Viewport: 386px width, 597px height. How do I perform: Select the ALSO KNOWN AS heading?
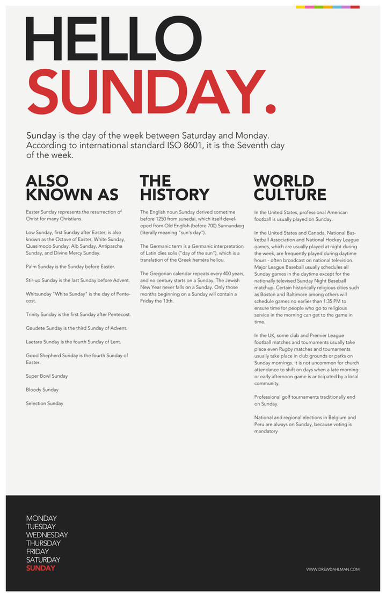point(72,187)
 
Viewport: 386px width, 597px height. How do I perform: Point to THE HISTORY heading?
point(174,187)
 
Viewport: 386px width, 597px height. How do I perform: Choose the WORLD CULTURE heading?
point(290,187)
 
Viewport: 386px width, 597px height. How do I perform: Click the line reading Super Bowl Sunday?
point(47,376)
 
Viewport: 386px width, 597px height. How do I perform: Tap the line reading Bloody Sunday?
point(42,390)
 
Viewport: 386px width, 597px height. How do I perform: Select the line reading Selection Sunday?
point(45,403)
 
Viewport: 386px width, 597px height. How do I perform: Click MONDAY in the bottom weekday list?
point(41,519)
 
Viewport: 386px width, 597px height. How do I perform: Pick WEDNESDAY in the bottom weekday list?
point(47,535)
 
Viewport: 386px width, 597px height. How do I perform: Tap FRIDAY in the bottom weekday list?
point(38,551)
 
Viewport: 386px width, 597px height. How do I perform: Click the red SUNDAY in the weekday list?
point(40,568)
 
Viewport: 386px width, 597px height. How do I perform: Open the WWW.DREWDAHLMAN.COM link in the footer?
point(333,569)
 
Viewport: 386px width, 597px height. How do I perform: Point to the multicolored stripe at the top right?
point(327,7)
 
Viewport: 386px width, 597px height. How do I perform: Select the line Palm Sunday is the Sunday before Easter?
point(70,267)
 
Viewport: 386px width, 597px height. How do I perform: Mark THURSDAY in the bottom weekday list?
point(43,543)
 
